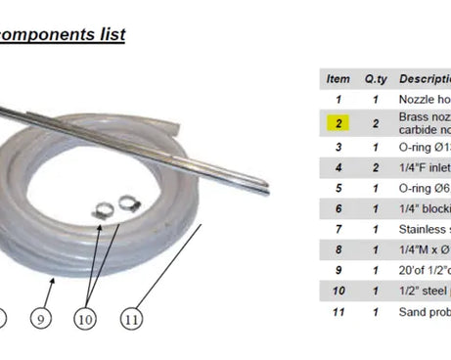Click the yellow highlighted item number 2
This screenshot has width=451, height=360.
(x=338, y=122)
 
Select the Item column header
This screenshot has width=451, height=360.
(x=338, y=78)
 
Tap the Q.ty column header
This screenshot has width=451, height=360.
(x=377, y=78)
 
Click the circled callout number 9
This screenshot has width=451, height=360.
(x=41, y=317)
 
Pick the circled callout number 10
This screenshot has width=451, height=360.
(x=86, y=317)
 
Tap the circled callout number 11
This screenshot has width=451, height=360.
(x=131, y=317)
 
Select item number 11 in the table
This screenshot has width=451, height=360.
(x=338, y=312)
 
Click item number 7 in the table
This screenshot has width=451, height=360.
(x=338, y=229)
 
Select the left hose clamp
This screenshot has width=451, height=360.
(x=103, y=206)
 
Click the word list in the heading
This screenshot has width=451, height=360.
(x=109, y=35)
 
